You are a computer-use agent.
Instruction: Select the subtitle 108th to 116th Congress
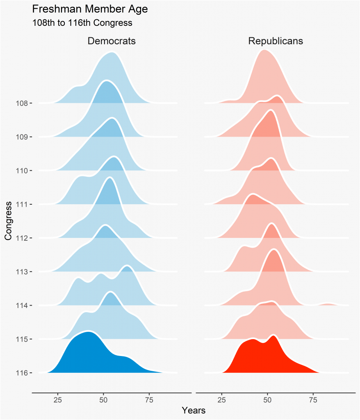tap(82, 23)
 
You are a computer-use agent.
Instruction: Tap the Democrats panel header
tap(111, 41)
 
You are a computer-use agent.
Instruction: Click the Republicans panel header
tap(276, 41)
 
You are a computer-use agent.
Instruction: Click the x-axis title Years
tap(194, 410)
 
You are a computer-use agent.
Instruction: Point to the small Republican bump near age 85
tap(328, 304)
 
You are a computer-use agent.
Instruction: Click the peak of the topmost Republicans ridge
tap(265, 51)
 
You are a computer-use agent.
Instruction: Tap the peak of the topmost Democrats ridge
tap(111, 53)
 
